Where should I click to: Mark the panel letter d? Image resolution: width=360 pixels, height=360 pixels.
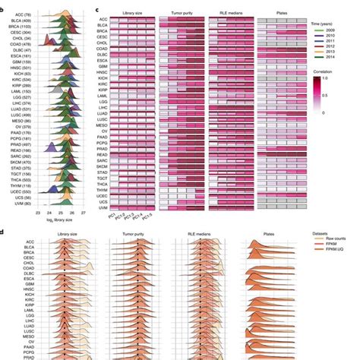pyautogui.click(x=4, y=236)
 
